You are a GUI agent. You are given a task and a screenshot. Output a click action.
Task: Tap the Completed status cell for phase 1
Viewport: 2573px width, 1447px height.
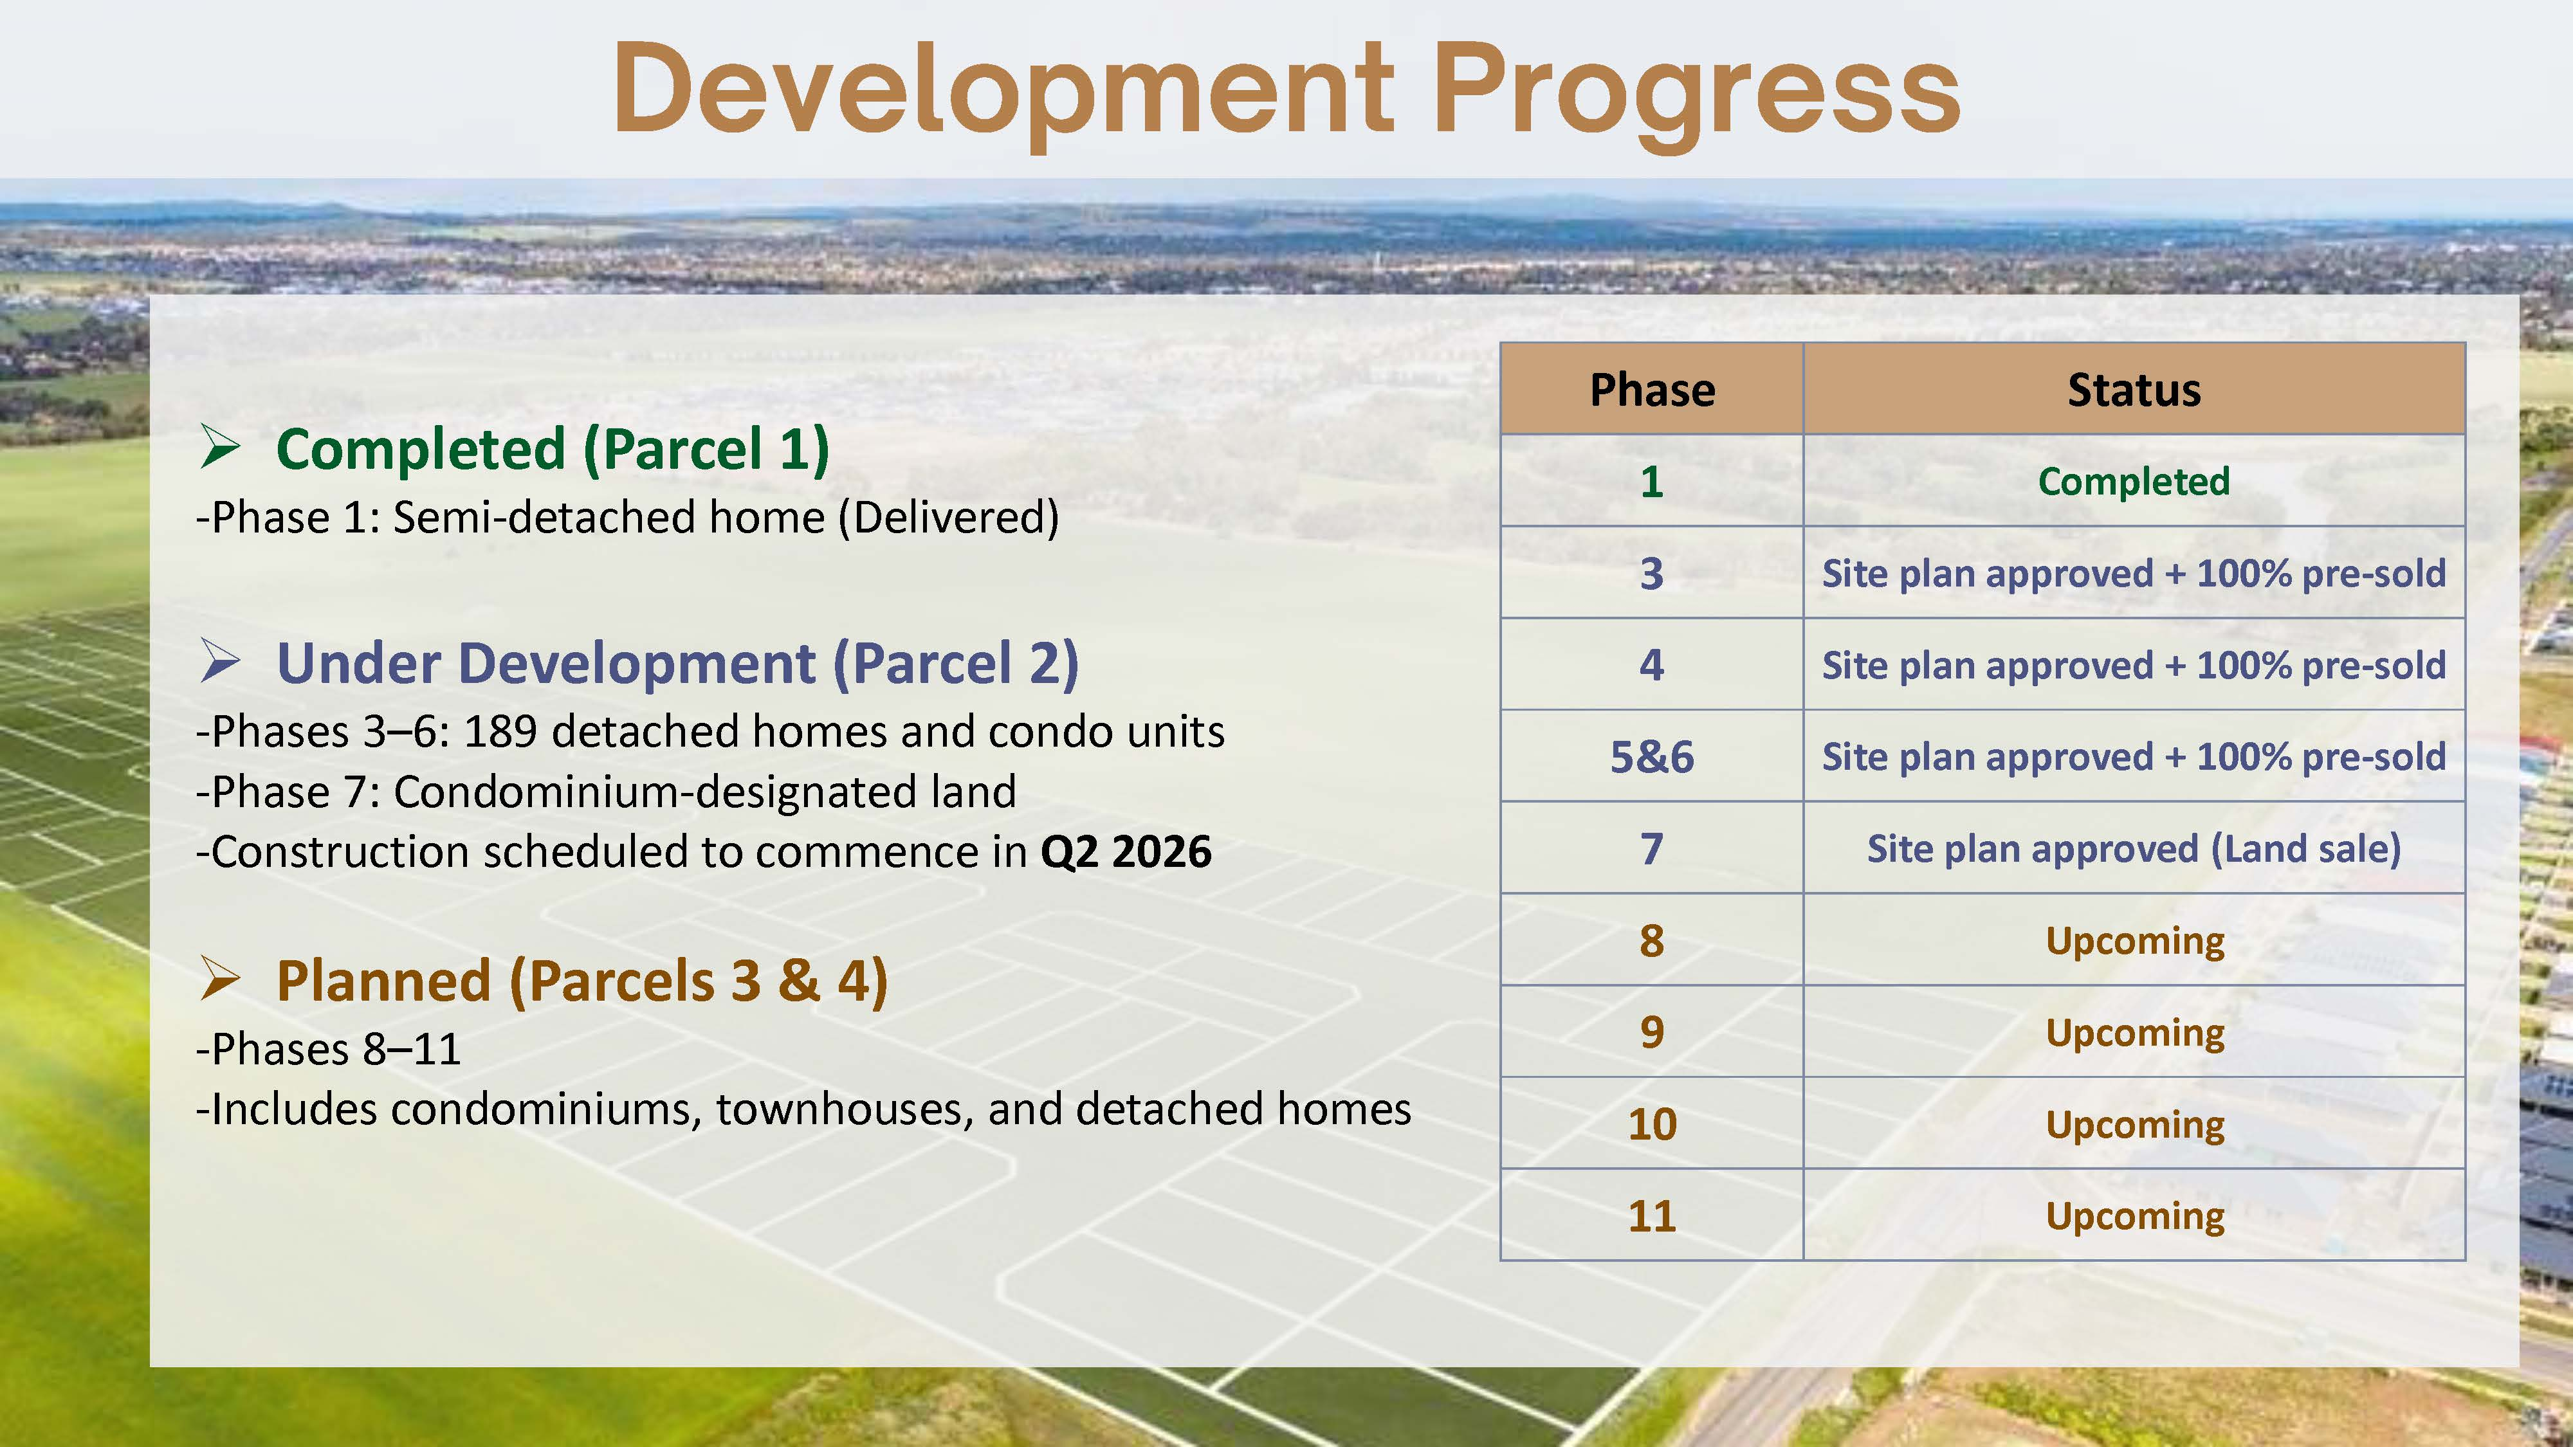coord(2134,481)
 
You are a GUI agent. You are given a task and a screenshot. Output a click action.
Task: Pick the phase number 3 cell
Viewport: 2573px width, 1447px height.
coord(1652,573)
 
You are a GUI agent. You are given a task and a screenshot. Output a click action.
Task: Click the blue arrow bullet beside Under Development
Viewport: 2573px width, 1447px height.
coord(220,661)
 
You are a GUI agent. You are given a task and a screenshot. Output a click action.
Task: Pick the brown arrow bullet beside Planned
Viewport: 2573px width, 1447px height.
coord(220,979)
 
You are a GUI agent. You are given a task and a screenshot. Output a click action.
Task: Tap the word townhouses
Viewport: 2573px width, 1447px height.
coord(845,1109)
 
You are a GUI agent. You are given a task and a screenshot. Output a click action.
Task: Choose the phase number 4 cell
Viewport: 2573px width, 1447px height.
coord(1652,665)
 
